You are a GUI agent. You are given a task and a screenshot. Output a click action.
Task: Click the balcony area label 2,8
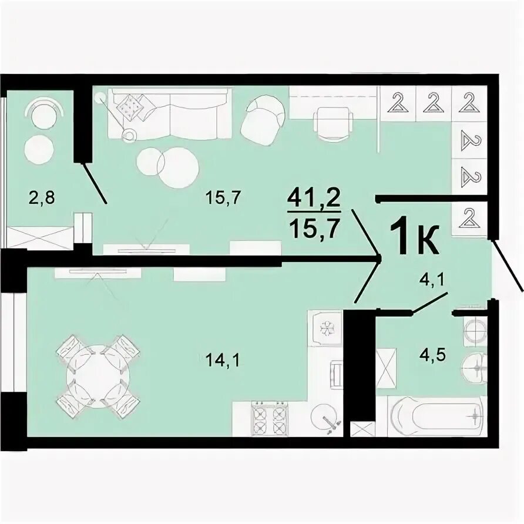tap(42, 198)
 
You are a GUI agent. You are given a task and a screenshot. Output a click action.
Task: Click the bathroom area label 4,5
tap(433, 355)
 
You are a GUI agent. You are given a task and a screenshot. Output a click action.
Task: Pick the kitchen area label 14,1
tap(223, 361)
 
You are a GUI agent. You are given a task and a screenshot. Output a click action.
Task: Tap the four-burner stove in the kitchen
tap(270, 418)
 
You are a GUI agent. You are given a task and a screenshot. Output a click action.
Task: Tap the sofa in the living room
tap(170, 113)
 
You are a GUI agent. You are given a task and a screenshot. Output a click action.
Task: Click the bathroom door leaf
tap(429, 304)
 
